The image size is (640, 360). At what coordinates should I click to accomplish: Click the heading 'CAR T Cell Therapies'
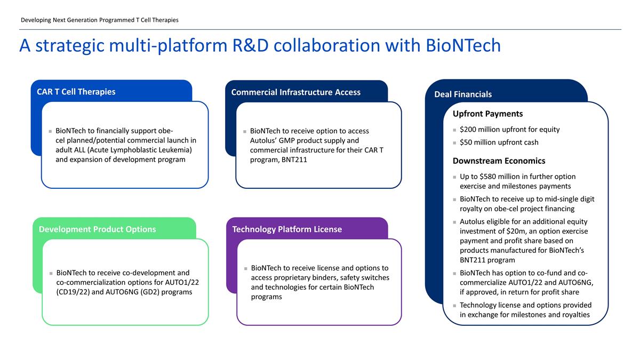[76, 92]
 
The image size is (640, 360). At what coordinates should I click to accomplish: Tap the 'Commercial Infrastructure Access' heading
[295, 92]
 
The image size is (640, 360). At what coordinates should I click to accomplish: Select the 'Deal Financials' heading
[463, 94]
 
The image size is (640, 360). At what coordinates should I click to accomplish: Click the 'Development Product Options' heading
[97, 229]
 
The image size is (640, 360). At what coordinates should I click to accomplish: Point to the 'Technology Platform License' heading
[287, 229]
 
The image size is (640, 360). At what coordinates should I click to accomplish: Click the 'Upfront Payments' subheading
[487, 114]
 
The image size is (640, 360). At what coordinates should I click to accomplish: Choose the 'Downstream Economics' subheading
[499, 161]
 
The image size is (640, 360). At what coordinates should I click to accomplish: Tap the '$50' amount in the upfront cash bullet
[467, 142]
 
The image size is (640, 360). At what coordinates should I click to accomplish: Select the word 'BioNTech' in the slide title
[463, 46]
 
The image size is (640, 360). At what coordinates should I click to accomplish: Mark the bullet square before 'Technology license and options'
[454, 306]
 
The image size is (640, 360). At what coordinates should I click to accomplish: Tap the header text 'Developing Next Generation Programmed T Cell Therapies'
[99, 20]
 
